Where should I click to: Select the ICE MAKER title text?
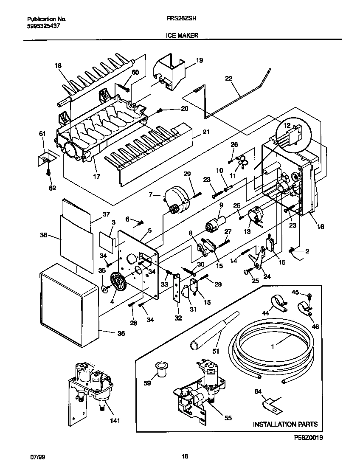click(x=180, y=36)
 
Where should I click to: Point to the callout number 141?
click(x=115, y=421)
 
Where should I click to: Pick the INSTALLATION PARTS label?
click(x=285, y=424)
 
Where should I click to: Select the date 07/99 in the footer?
click(x=37, y=457)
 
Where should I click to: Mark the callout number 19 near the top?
click(x=200, y=61)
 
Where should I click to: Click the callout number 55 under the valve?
click(x=228, y=418)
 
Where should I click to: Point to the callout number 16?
click(x=320, y=227)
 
